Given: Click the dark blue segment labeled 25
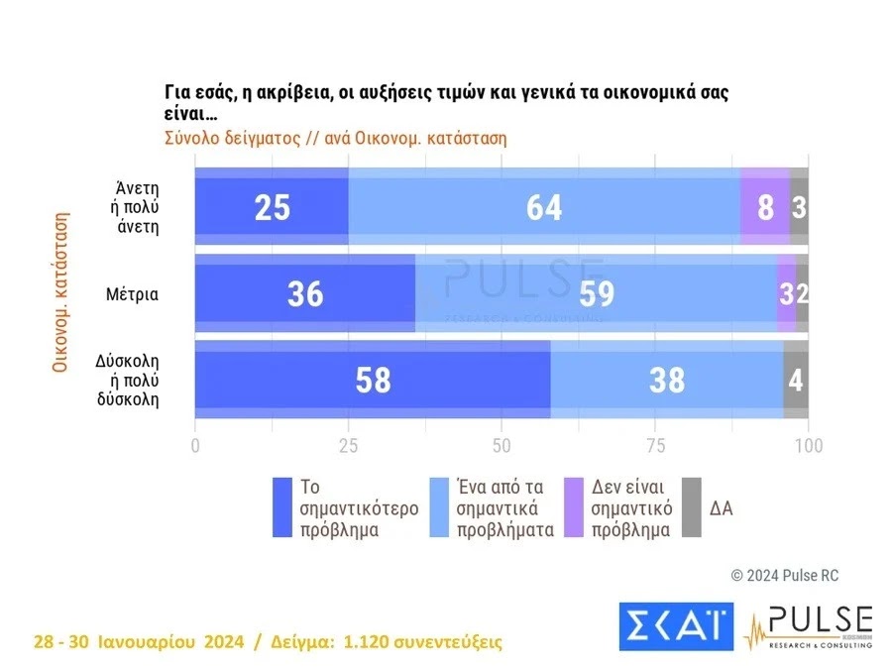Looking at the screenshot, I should (272, 206).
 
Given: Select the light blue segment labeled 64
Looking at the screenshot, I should (544, 206).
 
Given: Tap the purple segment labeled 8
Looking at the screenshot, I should (764, 206).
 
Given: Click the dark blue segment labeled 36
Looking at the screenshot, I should (304, 293).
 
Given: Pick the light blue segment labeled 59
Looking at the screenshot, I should (595, 293).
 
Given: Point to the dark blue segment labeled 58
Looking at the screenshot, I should (373, 380).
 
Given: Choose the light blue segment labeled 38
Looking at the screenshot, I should (666, 380).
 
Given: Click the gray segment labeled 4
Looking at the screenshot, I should (796, 380).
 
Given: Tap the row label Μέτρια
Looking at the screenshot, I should (133, 293).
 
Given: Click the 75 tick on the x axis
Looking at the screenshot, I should (655, 445).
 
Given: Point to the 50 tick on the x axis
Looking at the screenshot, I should (502, 445).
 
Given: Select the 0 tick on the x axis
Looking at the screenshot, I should (195, 445).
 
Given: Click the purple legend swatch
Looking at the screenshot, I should (573, 507).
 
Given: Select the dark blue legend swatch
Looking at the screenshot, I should (282, 507).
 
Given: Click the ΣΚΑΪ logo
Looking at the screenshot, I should (674, 625).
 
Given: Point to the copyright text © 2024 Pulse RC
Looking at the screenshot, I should (784, 575).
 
